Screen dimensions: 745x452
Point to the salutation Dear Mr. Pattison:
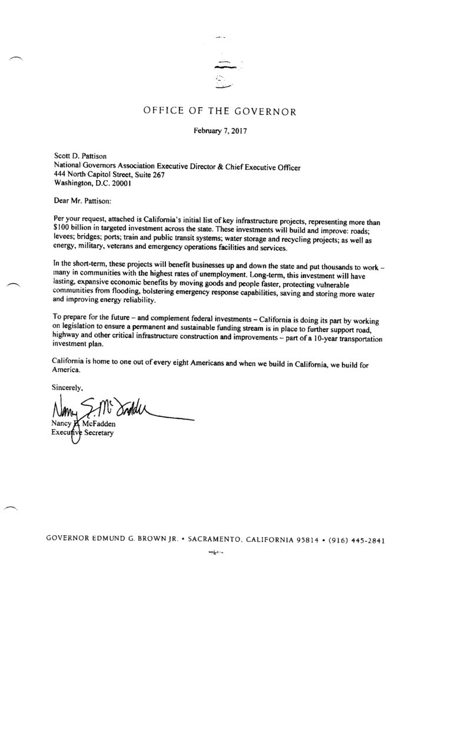(78, 200)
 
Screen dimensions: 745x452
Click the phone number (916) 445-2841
(357, 540)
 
